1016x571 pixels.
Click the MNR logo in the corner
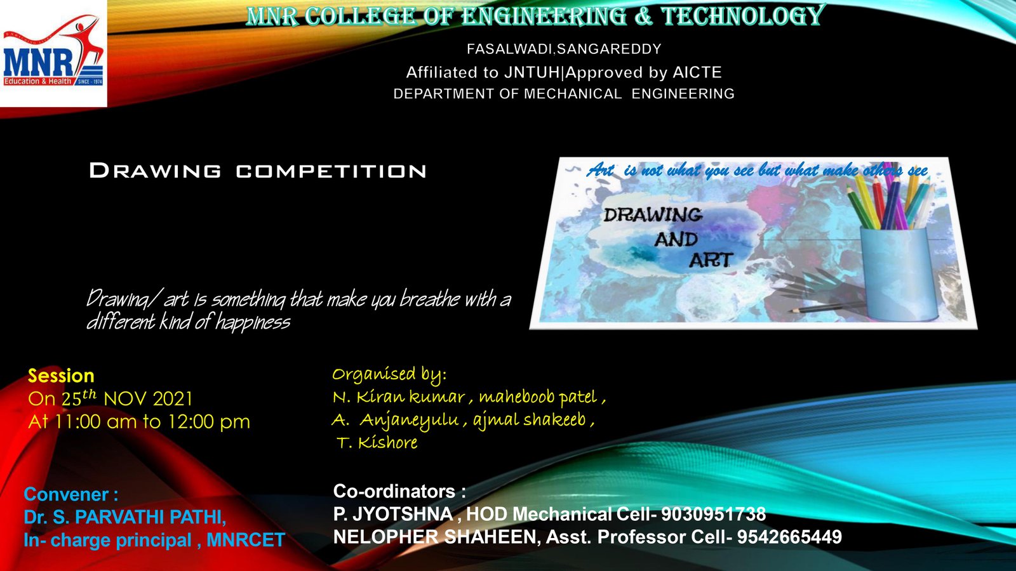[53, 53]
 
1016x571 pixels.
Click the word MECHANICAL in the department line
[573, 94]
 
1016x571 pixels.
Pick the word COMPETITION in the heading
[331, 171]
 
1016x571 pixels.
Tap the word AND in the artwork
[676, 239]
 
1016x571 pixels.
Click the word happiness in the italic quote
[253, 323]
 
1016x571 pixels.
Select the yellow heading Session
[61, 376]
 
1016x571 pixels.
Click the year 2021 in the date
[173, 399]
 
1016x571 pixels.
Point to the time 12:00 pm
[209, 422]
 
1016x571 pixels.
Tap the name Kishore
[388, 442]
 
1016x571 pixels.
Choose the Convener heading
[71, 494]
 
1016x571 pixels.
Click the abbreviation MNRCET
[246, 540]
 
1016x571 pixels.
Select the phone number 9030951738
[713, 515]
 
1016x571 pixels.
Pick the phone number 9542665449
[789, 537]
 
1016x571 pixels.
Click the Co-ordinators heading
[399, 491]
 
